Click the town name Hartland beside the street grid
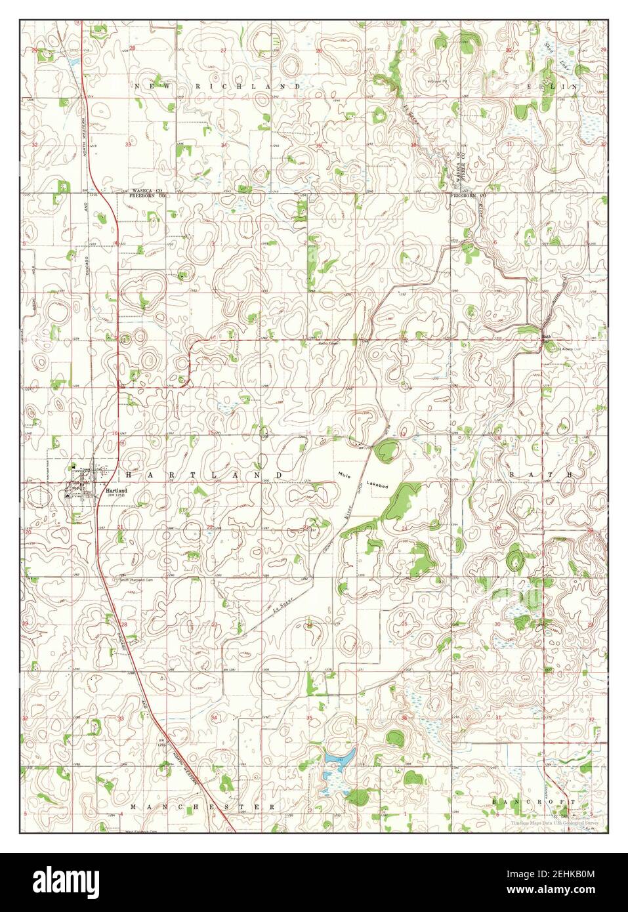pos(115,490)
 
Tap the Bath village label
pos(546,337)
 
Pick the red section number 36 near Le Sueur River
pos(413,145)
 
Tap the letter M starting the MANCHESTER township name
pos(133,806)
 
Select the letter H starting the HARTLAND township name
pos(129,474)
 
